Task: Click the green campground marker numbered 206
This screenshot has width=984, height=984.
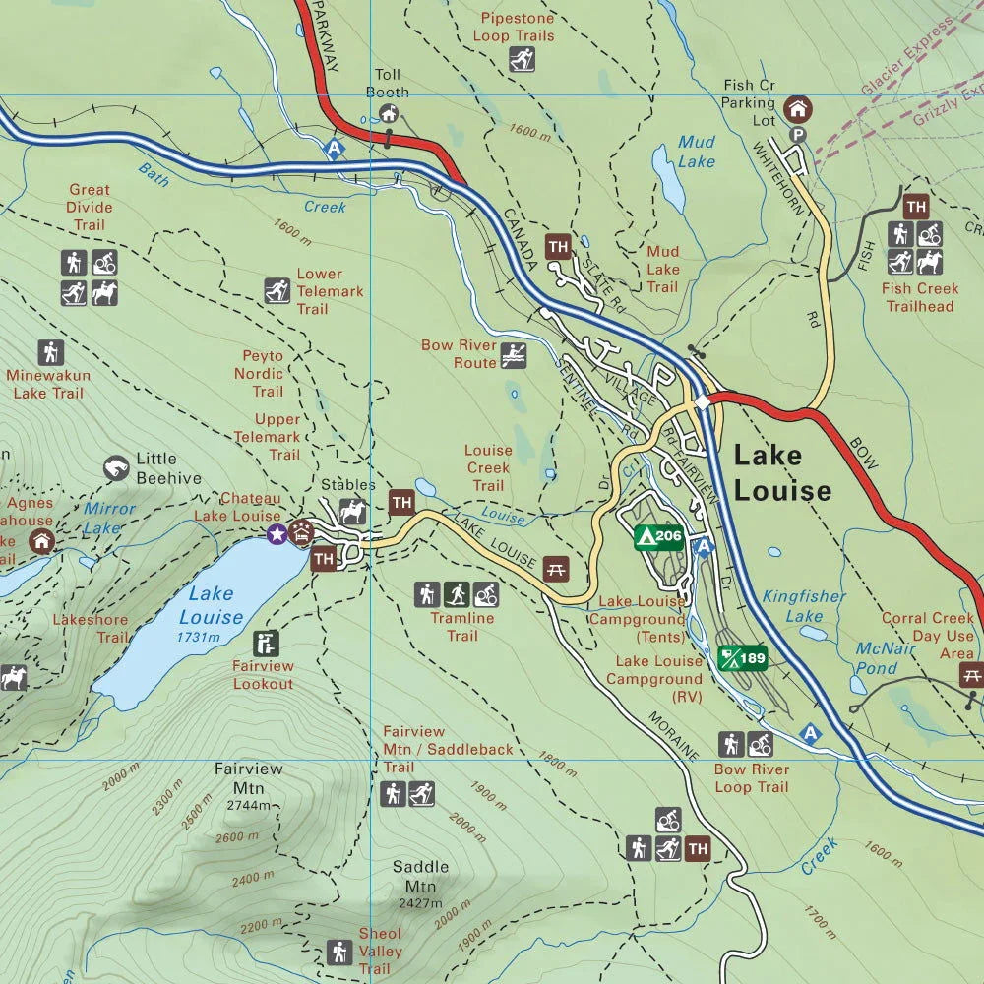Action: [x=658, y=536]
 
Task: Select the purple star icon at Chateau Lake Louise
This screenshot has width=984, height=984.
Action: [x=277, y=533]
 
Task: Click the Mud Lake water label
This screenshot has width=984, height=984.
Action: [x=696, y=152]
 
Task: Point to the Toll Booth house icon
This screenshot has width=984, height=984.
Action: [x=389, y=114]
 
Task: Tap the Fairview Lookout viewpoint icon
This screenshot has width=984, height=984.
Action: [x=265, y=644]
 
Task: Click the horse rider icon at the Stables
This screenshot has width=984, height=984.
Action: [x=352, y=511]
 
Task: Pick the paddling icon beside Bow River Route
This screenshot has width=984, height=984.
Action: [x=513, y=355]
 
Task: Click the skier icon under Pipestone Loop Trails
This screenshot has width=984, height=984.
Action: [x=522, y=60]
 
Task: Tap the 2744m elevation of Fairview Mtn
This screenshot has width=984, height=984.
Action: [x=248, y=804]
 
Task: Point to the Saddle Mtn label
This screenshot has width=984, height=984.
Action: [x=420, y=876]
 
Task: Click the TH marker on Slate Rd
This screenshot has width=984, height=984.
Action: [x=559, y=247]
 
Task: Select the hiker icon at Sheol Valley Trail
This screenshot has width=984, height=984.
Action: [x=339, y=952]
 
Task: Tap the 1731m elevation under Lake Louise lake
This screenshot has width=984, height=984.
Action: [x=198, y=638]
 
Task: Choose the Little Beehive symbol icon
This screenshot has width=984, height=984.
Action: [x=116, y=467]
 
